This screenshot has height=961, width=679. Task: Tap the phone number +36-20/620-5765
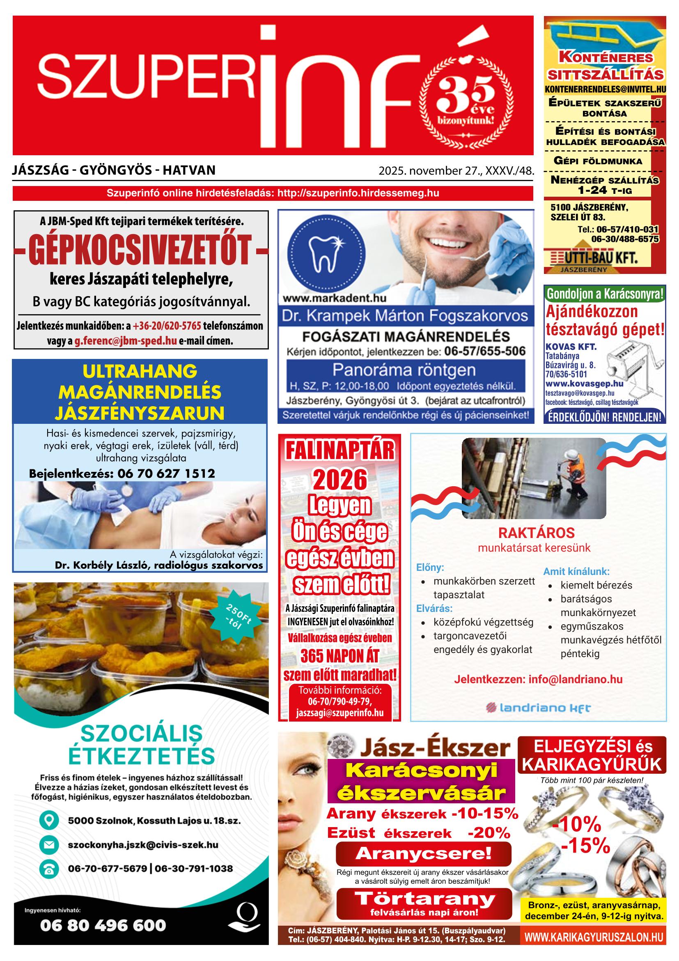pyautogui.click(x=167, y=326)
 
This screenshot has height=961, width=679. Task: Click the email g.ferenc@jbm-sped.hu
pyautogui.click(x=126, y=341)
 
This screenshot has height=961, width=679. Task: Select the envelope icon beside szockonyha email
pyautogui.click(x=49, y=845)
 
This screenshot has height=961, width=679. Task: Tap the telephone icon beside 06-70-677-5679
pyautogui.click(x=49, y=869)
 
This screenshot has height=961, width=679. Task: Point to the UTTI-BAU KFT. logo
pyautogui.click(x=591, y=257)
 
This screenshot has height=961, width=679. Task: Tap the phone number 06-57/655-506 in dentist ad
pyautogui.click(x=485, y=351)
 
